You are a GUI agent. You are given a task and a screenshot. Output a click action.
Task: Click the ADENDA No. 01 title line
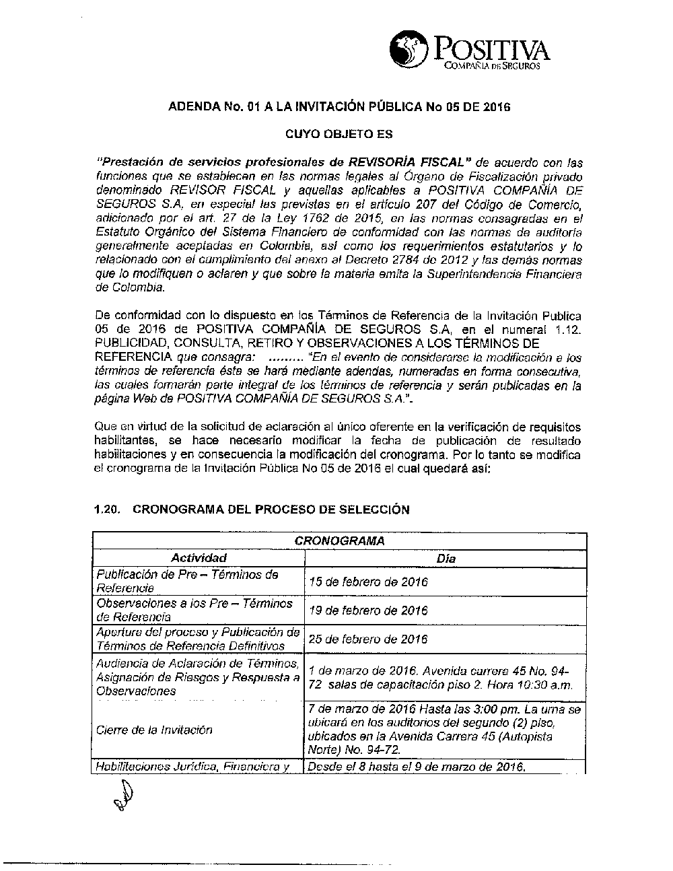(339, 106)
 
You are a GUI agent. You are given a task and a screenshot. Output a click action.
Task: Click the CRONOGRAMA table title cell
(339, 541)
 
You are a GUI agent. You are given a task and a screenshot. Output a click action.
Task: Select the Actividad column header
(199, 558)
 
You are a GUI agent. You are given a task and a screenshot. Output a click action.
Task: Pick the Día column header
(446, 558)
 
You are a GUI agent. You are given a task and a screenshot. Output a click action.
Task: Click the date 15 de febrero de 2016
(367, 582)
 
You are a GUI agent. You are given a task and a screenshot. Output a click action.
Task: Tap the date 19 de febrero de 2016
(367, 611)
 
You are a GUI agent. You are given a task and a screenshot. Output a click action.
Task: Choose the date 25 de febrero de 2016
(367, 639)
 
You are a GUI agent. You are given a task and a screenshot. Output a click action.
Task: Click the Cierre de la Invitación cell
(154, 730)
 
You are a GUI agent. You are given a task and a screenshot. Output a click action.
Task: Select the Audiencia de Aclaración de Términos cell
(198, 677)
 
